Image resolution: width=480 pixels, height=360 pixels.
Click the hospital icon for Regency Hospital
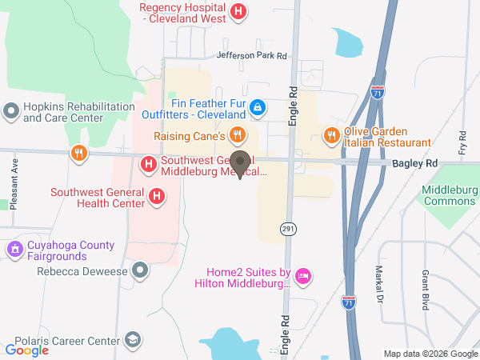pyautogui.click(x=238, y=11)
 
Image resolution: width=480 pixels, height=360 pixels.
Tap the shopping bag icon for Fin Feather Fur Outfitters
pyautogui.click(x=257, y=106)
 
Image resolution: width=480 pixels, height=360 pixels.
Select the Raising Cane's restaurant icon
pyautogui.click(x=236, y=134)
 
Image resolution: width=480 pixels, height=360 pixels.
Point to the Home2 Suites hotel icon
pyautogui.click(x=303, y=277)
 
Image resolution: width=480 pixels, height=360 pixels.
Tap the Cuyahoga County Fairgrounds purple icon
pyautogui.click(x=13, y=250)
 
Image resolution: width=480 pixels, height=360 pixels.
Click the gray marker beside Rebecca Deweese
pyautogui.click(x=141, y=270)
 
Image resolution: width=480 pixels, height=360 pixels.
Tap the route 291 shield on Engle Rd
pyautogui.click(x=288, y=230)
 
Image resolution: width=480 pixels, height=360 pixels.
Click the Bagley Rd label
pyautogui.click(x=415, y=162)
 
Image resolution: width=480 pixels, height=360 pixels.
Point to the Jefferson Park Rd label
pyautogui.click(x=251, y=56)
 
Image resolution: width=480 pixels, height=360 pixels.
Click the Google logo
pyautogui.click(x=27, y=350)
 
